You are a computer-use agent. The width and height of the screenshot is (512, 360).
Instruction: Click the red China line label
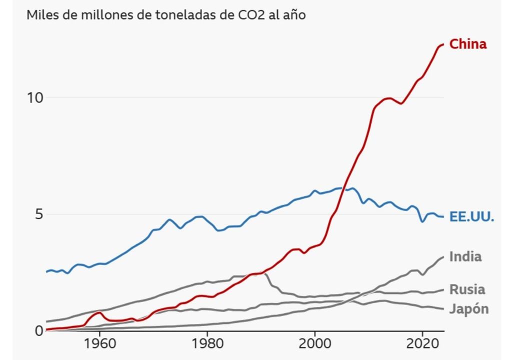pyautogui.click(x=467, y=44)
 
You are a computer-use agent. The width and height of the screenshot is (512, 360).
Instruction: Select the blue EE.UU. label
pyautogui.click(x=471, y=217)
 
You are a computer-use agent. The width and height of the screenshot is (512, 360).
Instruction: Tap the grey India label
pyautogui.click(x=465, y=256)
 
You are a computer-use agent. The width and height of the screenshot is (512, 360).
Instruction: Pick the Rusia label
pyautogui.click(x=467, y=289)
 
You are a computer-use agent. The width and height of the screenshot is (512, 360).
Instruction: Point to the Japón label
pyautogui.click(x=468, y=309)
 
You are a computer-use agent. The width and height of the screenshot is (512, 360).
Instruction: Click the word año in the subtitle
pyautogui.click(x=294, y=14)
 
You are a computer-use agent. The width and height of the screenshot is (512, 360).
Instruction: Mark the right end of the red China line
pyautogui.click(x=443, y=44)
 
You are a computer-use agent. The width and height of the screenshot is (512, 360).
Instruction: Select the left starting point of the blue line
pyautogui.click(x=46, y=271)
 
